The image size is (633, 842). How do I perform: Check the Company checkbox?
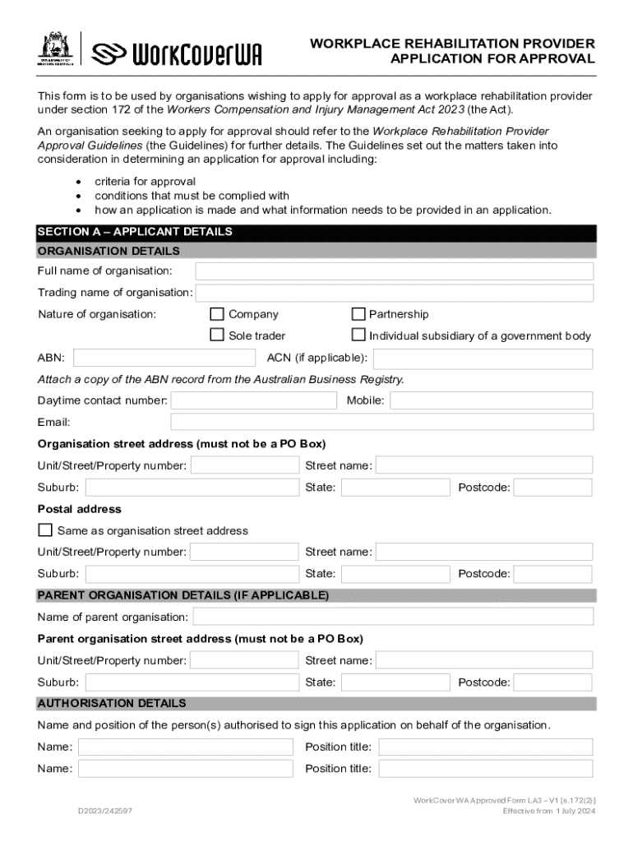tap(217, 314)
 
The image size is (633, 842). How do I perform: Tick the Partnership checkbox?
tap(358, 314)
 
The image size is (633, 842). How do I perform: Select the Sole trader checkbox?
tap(217, 335)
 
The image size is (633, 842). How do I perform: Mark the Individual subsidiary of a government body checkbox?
tap(358, 335)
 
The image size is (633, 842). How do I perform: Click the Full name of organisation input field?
tap(394, 271)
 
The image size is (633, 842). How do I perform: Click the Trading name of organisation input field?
tap(394, 294)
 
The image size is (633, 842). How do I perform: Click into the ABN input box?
tap(164, 359)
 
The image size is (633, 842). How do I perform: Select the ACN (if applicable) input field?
tap(483, 359)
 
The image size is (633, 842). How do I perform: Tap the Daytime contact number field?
tap(253, 400)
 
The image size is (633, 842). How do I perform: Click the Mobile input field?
tap(491, 400)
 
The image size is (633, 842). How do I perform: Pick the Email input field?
tap(381, 422)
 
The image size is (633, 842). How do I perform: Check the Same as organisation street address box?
tap(45, 530)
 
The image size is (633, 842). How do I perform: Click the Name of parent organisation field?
tap(392, 617)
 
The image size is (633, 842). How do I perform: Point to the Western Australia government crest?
tap(56, 49)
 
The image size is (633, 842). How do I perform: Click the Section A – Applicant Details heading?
tap(135, 232)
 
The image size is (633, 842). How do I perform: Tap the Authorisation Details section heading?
tap(112, 704)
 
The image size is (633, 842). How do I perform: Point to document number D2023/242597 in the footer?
tap(105, 811)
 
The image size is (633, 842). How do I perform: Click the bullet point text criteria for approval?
tap(145, 182)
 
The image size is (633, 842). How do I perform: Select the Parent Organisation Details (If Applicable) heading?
tap(183, 595)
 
